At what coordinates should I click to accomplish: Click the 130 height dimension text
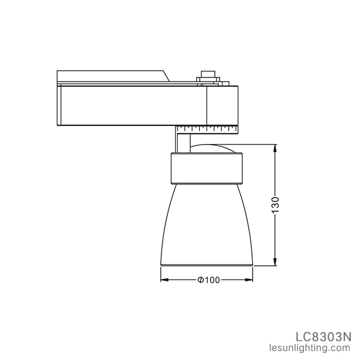(x=275, y=205)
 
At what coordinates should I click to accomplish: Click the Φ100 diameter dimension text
(x=206, y=280)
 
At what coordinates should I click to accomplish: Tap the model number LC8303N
(x=323, y=335)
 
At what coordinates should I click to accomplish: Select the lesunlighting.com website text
(x=315, y=347)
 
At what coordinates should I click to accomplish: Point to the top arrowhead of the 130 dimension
(x=275, y=148)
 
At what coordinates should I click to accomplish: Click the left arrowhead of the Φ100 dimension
(x=164, y=280)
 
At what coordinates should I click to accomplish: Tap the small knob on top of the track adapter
(x=208, y=76)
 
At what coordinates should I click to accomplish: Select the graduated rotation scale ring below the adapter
(x=207, y=128)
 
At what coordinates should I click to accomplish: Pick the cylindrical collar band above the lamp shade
(x=207, y=168)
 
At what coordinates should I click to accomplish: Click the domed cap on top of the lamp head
(x=210, y=149)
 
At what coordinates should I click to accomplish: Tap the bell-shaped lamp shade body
(x=207, y=222)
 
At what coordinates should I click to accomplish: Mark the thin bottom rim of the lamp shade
(x=207, y=264)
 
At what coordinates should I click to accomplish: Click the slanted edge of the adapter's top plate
(x=167, y=76)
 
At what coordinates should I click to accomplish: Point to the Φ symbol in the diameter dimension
(x=200, y=280)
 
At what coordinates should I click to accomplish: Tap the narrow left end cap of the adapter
(x=59, y=105)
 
